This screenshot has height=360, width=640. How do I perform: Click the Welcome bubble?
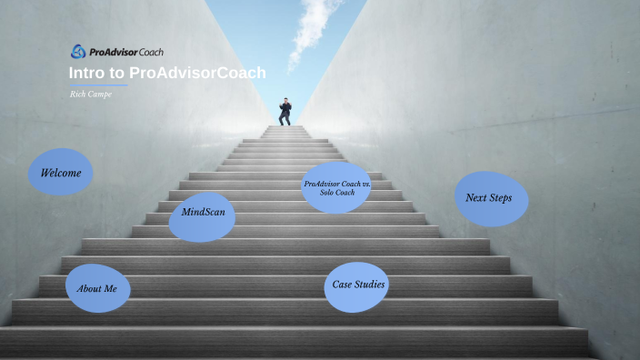pos(61,172)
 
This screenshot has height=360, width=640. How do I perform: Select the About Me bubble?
pos(97,288)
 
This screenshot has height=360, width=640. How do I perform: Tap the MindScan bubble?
pos(203,216)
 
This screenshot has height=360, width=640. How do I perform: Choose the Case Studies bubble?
pos(357,286)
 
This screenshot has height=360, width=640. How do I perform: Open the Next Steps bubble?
pos(490,198)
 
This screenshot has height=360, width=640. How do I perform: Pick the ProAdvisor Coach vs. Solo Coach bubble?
pos(336,188)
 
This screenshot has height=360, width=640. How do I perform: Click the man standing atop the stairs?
pos(285,111)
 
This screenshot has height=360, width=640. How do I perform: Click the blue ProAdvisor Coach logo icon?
pos(78,51)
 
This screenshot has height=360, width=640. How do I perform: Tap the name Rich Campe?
pos(91,94)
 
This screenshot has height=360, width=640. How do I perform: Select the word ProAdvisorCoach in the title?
pos(197,73)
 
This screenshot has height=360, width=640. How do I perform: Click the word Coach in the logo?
pos(146,52)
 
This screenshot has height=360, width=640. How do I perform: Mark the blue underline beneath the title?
pos(98,85)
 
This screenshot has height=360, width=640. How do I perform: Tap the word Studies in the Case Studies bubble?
pos(370,285)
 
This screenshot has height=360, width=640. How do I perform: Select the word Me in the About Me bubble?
pos(110,288)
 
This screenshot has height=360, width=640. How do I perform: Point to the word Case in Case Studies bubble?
pos(343,285)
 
